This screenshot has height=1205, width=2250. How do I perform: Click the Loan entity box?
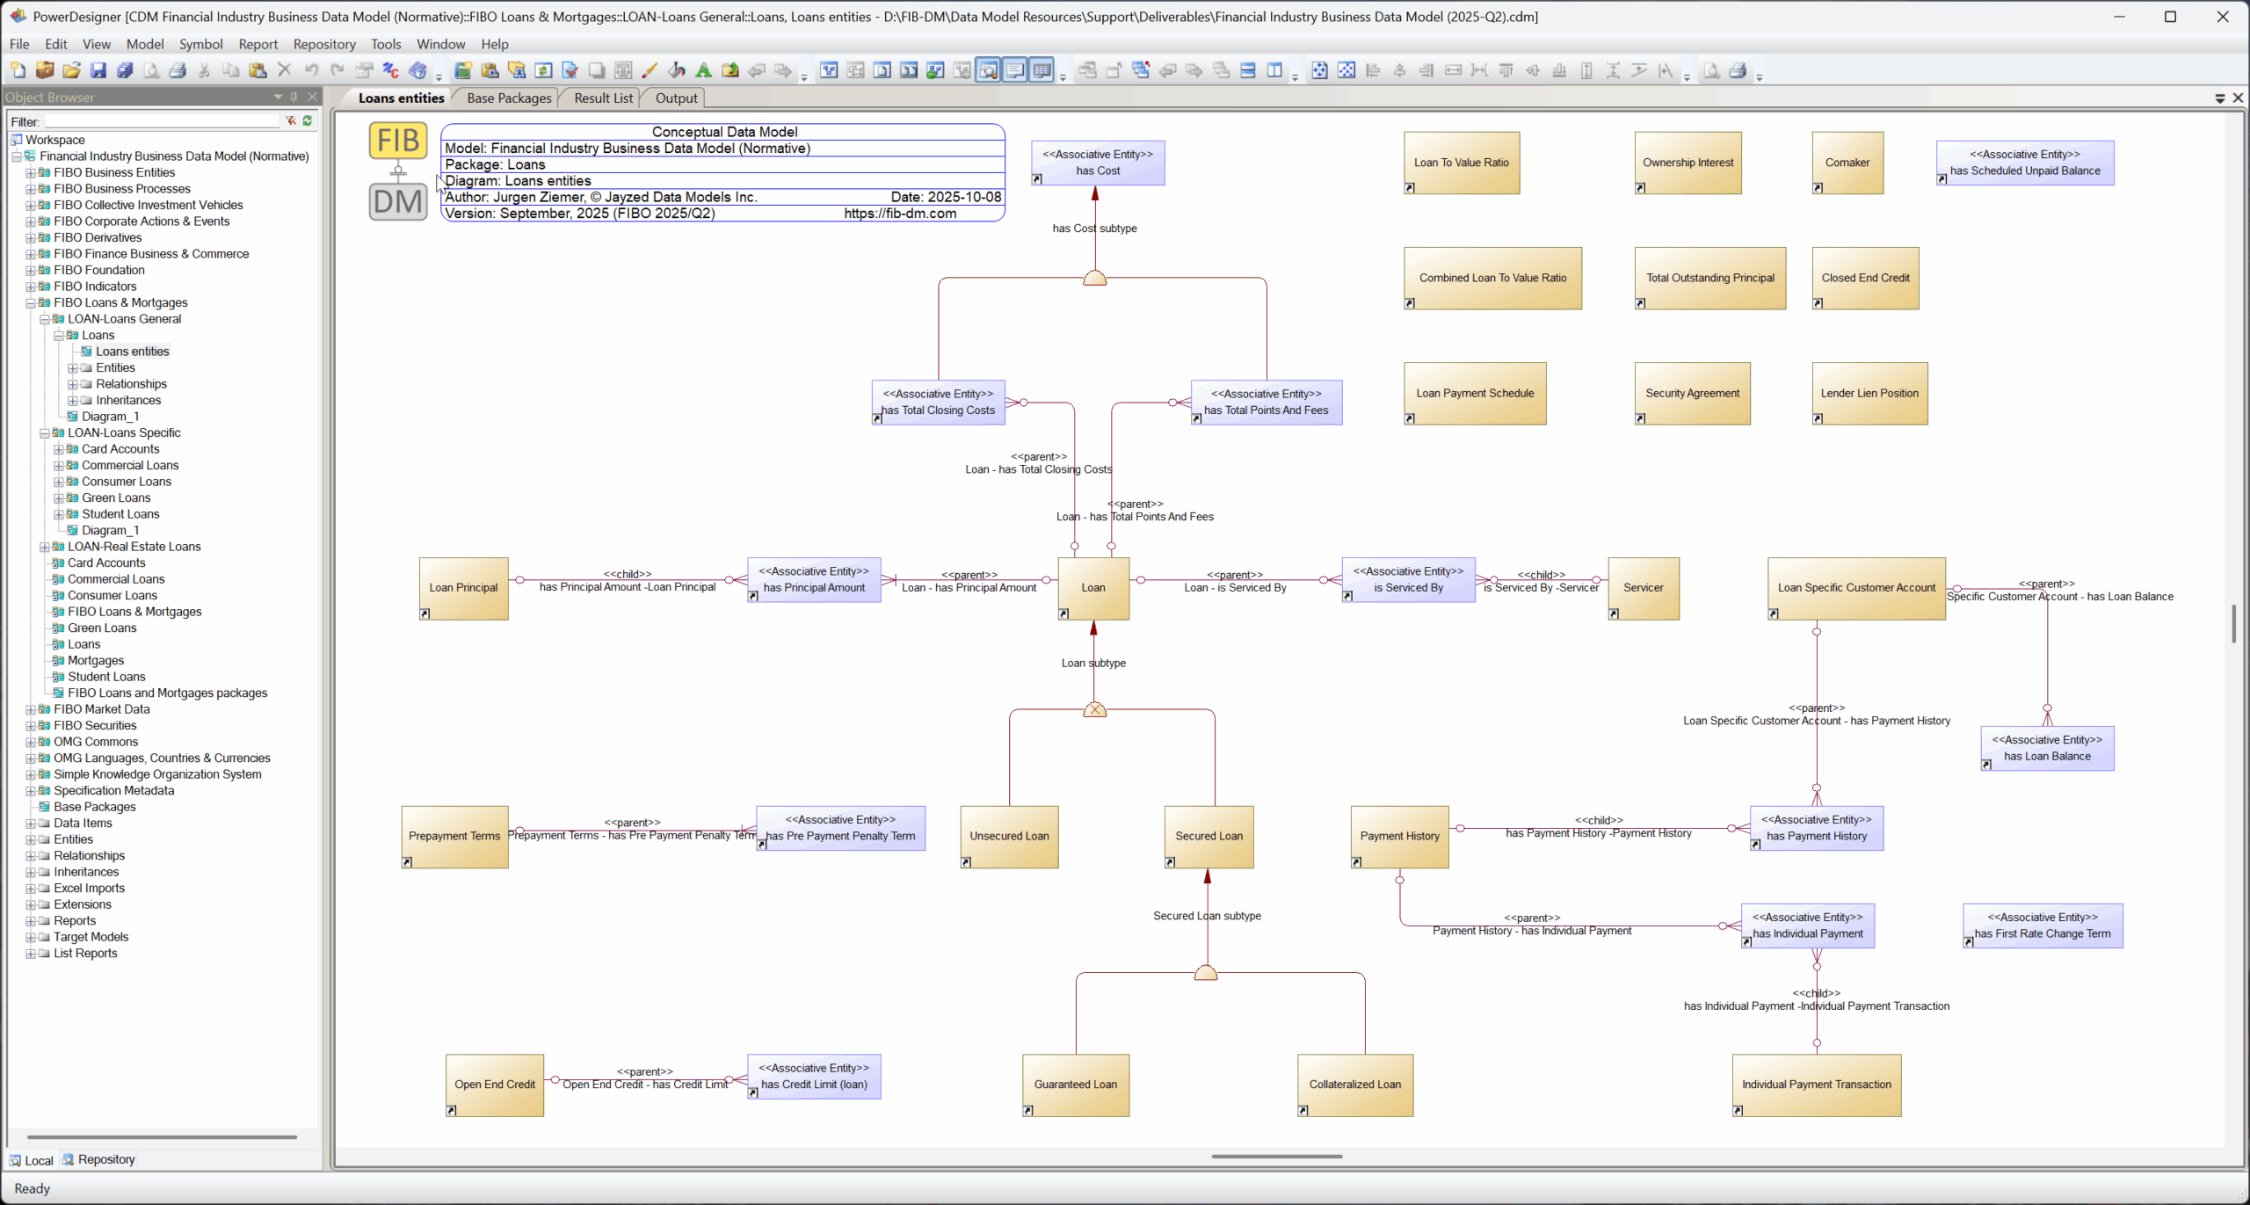[x=1093, y=588]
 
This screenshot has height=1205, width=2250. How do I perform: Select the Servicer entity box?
[x=1643, y=588]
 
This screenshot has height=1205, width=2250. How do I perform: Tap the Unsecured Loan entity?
[x=1009, y=837]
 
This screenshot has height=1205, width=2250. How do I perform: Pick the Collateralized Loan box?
[x=1354, y=1085]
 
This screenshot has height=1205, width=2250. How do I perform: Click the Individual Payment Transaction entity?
[x=1816, y=1085]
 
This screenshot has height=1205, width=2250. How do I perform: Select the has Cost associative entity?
[x=1098, y=163]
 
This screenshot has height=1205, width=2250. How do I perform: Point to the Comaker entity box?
[x=1847, y=163]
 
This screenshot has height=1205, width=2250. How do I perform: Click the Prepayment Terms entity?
[x=454, y=837]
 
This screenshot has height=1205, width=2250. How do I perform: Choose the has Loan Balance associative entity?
[x=2046, y=748]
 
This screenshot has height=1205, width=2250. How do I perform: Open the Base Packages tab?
[x=509, y=98]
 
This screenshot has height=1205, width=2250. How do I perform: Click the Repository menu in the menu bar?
[x=324, y=44]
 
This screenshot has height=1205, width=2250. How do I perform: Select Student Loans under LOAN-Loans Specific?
[x=120, y=514]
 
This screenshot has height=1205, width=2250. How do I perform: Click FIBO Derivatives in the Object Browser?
[x=98, y=237]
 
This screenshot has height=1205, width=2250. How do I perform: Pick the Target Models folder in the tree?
[x=91, y=937]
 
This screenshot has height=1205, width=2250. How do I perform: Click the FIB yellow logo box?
[x=398, y=141]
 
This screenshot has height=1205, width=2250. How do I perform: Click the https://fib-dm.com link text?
[x=900, y=214]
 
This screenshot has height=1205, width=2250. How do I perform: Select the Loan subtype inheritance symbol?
[x=1094, y=709]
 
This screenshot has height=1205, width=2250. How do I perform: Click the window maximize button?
[x=2170, y=17]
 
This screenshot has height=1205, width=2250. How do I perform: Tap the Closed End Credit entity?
[x=1865, y=278]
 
